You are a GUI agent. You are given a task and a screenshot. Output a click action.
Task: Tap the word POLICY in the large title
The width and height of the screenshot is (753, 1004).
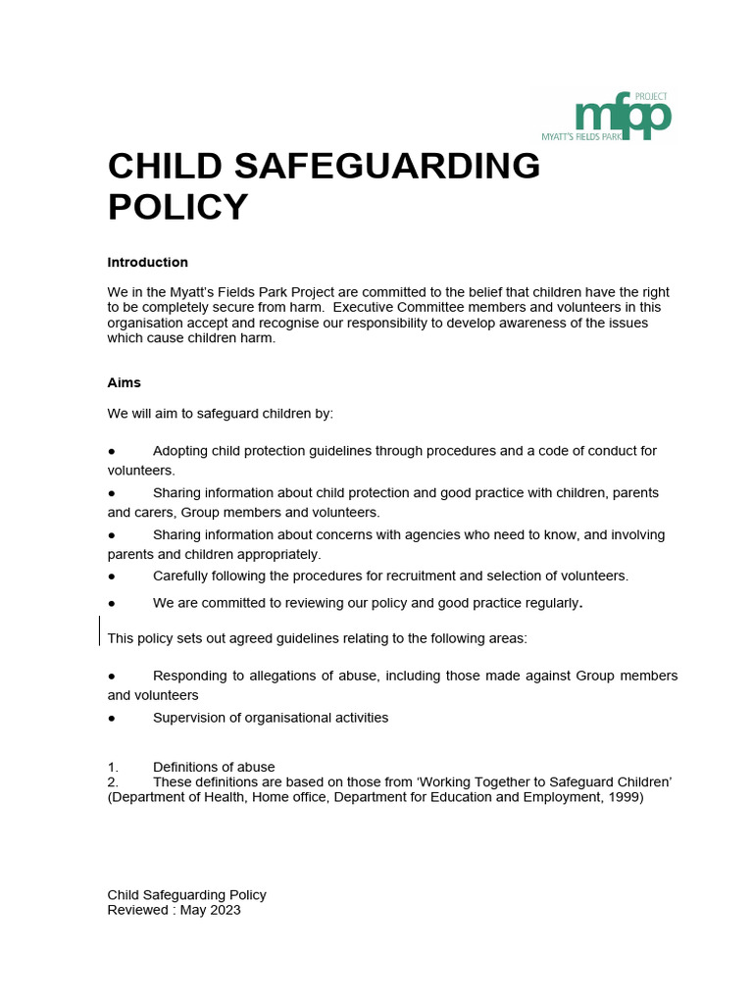click(177, 208)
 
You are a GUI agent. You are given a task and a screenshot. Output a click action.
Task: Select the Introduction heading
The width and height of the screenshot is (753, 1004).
click(147, 263)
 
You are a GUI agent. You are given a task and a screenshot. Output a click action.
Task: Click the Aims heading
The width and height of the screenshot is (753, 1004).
click(124, 382)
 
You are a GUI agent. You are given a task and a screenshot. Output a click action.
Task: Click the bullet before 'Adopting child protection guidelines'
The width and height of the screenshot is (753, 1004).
click(112, 451)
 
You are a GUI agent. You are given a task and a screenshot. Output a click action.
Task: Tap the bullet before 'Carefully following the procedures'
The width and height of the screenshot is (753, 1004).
click(112, 576)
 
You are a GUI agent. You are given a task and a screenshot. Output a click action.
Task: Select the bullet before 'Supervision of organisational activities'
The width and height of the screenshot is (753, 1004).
click(112, 718)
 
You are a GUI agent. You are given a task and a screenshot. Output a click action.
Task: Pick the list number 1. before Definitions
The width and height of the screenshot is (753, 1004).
click(113, 767)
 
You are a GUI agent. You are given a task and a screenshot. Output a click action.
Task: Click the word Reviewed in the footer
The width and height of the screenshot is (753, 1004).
click(137, 910)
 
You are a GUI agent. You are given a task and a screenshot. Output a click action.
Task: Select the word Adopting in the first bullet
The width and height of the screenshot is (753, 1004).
click(182, 451)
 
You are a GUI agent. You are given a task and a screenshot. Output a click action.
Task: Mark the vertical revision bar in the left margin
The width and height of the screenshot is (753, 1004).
click(100, 630)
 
